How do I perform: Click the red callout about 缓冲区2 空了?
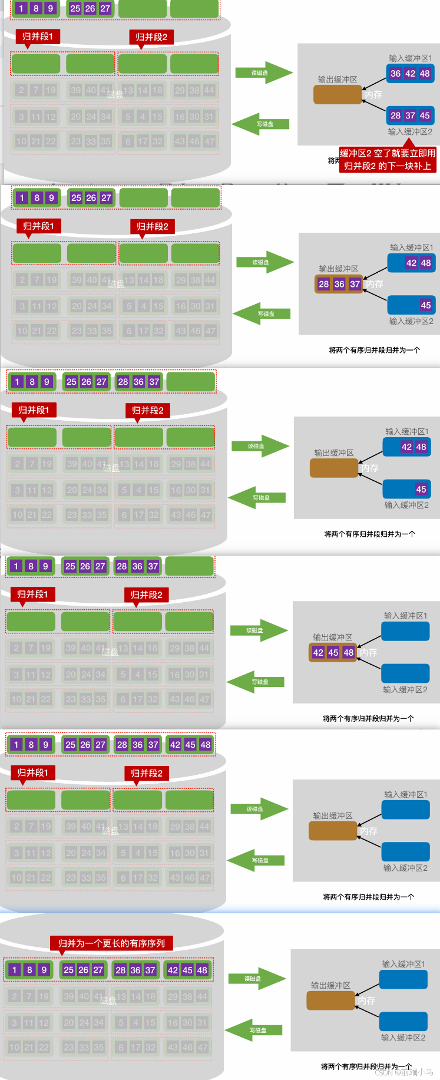coord(388,160)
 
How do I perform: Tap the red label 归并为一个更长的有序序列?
coord(111,943)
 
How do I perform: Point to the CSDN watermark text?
coord(404,1072)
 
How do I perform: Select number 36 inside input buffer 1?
coord(395,74)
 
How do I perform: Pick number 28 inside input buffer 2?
coord(395,115)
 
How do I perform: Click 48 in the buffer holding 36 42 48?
coord(425,74)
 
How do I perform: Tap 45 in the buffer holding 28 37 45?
coord(425,115)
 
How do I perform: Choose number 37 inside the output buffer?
coord(355,284)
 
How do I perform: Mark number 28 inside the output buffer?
coord(324,284)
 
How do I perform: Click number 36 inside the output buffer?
coord(339,284)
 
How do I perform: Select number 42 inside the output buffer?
coord(318,652)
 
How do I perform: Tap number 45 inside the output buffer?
coord(333,652)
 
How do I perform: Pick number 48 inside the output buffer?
coord(349,652)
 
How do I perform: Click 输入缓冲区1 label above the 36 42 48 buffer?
coord(411,58)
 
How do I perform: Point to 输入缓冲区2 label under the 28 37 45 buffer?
coord(410,131)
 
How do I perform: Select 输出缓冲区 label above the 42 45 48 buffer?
coord(333,637)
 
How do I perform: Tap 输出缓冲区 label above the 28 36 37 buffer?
coord(339,269)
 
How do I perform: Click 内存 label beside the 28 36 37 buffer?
coord(374,284)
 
